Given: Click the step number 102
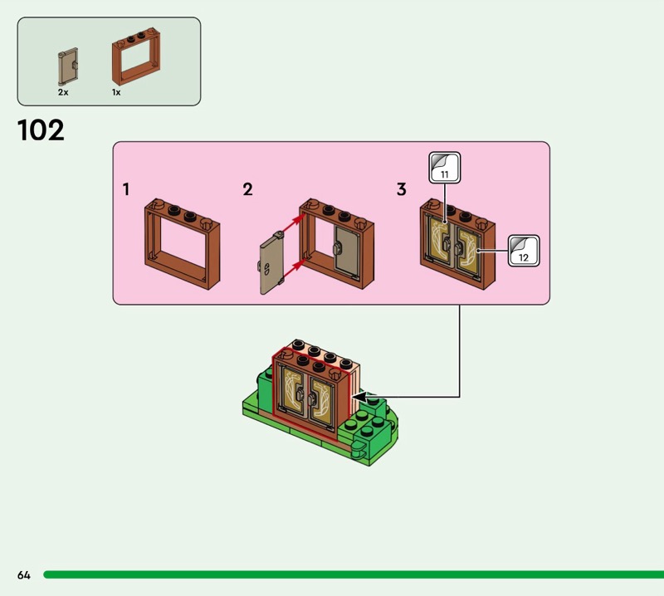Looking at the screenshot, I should click(41, 130).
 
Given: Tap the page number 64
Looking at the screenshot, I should click(22, 574).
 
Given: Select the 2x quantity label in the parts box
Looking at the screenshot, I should click(63, 92).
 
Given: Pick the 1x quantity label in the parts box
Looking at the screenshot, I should click(116, 92).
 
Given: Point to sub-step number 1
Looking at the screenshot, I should click(126, 189).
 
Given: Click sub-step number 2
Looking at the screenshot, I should click(247, 189).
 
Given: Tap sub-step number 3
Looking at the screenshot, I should click(402, 189).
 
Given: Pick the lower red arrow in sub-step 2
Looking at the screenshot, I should click(293, 266).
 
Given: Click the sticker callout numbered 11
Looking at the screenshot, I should click(445, 169).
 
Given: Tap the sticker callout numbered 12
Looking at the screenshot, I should click(523, 251).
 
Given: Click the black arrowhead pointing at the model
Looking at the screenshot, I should click(359, 398).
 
